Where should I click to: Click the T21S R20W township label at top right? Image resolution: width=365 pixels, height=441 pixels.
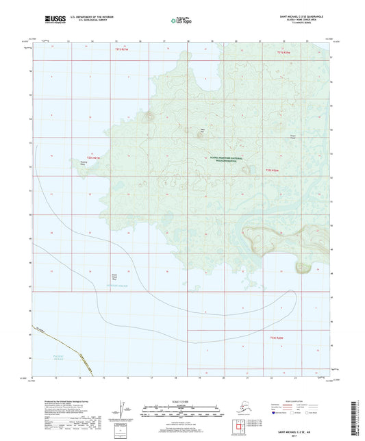(284, 52)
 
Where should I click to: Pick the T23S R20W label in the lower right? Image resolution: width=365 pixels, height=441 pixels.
(277, 338)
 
